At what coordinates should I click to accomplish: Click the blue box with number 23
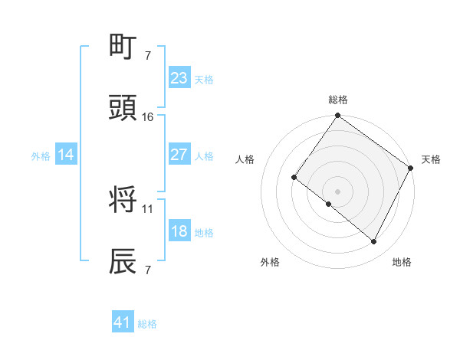(x=179, y=77)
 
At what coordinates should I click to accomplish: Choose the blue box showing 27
(x=179, y=155)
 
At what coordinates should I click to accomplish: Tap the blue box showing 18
(x=179, y=231)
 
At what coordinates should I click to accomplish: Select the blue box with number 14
(x=66, y=155)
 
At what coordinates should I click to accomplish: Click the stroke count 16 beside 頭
(x=148, y=116)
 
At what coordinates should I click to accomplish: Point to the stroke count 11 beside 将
(x=148, y=208)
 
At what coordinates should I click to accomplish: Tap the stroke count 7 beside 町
(x=147, y=55)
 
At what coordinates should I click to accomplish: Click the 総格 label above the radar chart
(x=337, y=100)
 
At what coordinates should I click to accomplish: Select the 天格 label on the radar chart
(x=431, y=159)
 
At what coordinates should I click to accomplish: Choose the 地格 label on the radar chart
(x=402, y=262)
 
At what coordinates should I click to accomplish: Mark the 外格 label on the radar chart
(x=270, y=262)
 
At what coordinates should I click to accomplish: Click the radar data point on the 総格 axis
(x=337, y=116)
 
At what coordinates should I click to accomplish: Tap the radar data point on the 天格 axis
(x=411, y=168)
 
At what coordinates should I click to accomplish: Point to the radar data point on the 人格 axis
(x=294, y=178)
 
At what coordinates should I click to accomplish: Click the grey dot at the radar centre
(x=337, y=191)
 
